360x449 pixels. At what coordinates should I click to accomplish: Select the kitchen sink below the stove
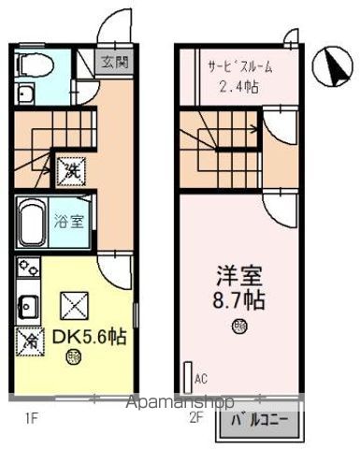coord(25,305)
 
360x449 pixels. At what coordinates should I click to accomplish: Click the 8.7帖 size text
coord(240,303)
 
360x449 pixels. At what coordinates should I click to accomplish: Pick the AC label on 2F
coord(201,379)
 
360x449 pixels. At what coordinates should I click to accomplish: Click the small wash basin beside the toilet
coord(24,94)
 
